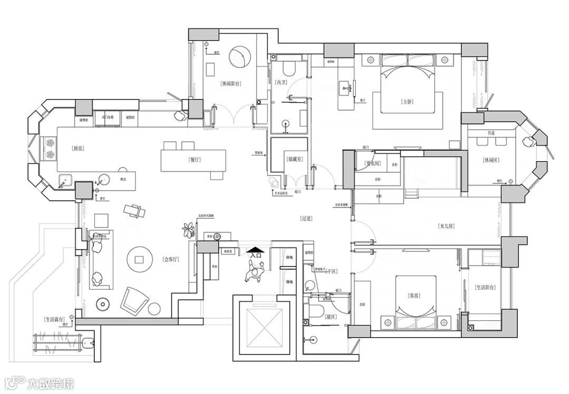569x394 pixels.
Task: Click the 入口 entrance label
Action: click(256, 255)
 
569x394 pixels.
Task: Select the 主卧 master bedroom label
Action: click(407, 102)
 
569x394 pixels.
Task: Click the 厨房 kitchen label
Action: click(77, 149)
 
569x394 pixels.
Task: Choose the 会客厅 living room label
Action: click(172, 259)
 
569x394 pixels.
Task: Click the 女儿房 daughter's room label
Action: click(446, 226)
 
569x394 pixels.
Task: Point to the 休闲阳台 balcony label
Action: click(231, 83)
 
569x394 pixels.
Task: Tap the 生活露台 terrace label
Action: click(55, 319)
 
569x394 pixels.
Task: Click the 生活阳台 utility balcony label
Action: click(485, 288)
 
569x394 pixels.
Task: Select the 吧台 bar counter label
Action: click(123, 180)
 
